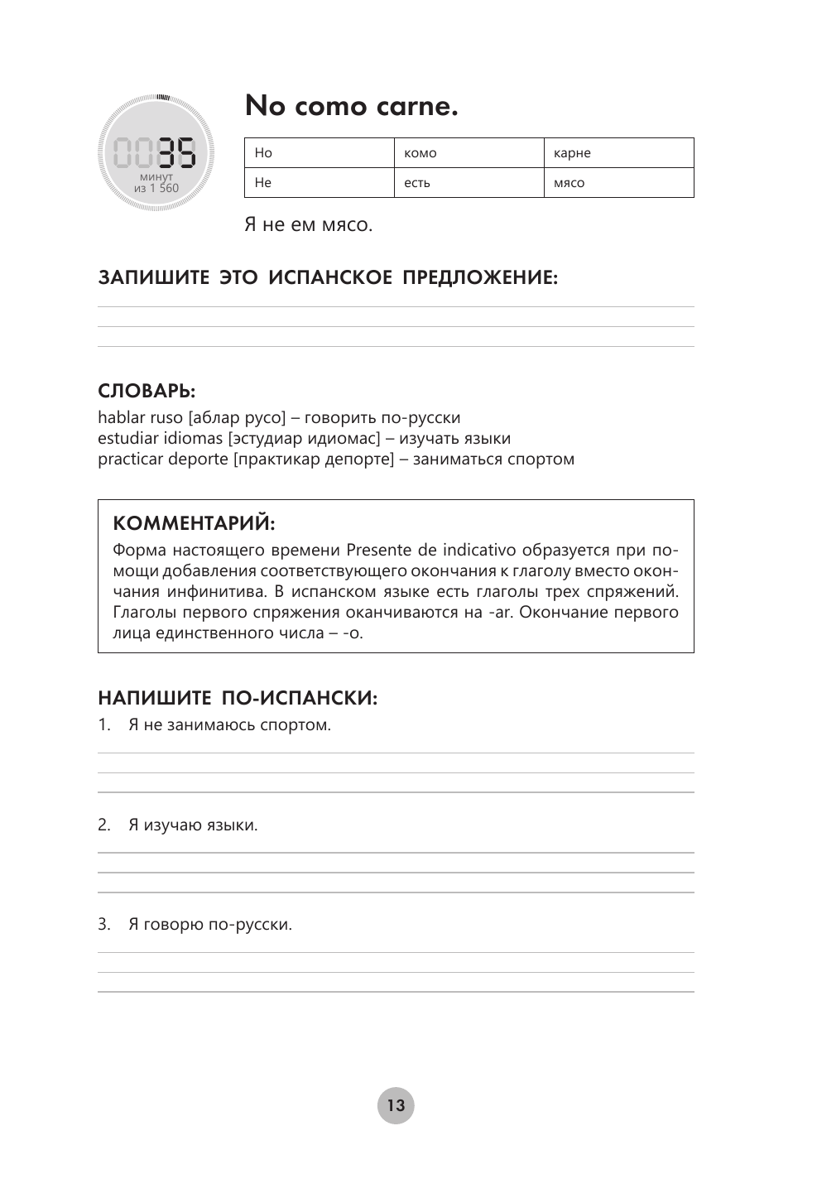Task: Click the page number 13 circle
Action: [396, 1105]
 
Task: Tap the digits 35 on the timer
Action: [177, 153]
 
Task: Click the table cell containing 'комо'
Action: [469, 153]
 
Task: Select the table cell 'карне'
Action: [618, 153]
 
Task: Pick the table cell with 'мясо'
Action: [618, 183]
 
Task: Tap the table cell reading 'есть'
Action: [469, 183]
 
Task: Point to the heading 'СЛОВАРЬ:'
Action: [147, 391]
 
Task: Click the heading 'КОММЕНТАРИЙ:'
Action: [194, 523]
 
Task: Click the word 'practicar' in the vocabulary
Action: [131, 459]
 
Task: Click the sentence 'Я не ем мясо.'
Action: [309, 225]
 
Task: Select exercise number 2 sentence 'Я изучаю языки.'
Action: [193, 825]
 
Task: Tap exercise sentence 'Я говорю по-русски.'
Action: [210, 924]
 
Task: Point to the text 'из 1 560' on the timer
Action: [156, 188]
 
